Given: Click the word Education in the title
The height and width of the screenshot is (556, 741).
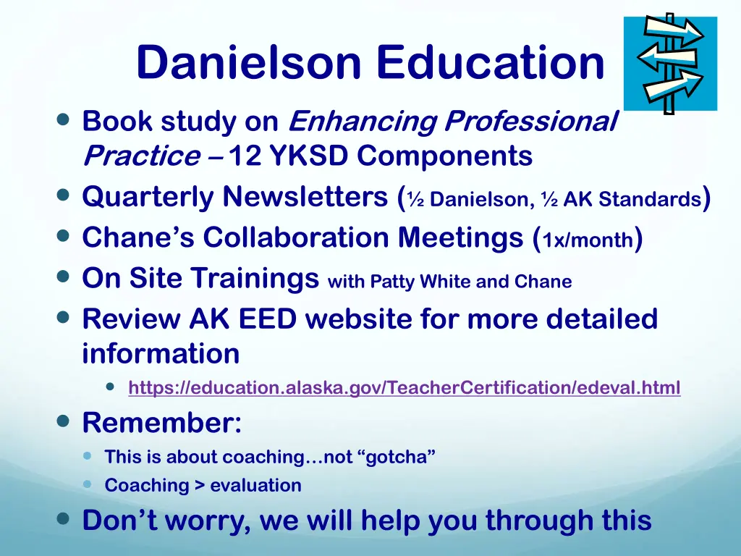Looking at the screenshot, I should (490, 63).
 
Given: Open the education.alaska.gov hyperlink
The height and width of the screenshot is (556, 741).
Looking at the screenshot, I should (404, 389).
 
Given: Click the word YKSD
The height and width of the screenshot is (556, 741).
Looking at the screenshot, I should (308, 156).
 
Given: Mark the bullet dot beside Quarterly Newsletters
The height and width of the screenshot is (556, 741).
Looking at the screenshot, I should (63, 196).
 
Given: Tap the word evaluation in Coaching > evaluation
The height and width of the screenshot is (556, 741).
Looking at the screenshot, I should (255, 486).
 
